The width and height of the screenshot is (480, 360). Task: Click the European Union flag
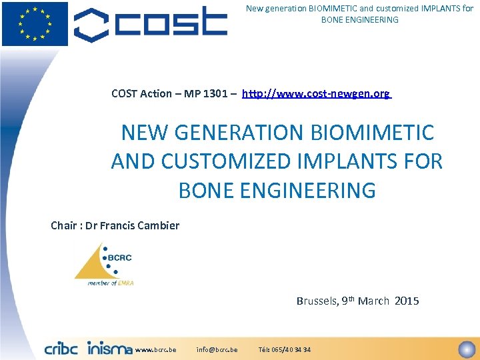click(35, 23)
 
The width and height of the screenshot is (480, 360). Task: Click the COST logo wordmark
click(151, 24)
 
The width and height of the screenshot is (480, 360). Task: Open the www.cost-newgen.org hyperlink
click(316, 94)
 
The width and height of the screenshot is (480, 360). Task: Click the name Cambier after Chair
click(158, 225)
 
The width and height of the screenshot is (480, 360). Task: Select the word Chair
click(64, 225)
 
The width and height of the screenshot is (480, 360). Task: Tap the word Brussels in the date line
click(316, 301)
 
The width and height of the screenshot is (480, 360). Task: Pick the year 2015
click(407, 301)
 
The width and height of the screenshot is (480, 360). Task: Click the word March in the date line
click(373, 301)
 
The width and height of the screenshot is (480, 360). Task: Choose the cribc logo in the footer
click(61, 348)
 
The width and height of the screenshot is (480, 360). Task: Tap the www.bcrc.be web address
click(155, 350)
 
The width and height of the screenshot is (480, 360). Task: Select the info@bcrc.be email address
click(217, 350)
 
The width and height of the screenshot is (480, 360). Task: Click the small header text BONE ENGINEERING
click(359, 20)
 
